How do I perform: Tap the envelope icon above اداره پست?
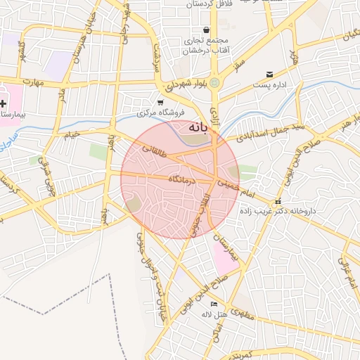(x=269, y=75)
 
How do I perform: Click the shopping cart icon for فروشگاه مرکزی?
(x=160, y=102)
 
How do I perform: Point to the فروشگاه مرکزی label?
(x=160, y=112)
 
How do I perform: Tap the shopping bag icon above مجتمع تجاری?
(x=206, y=30)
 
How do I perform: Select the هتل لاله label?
(x=214, y=313)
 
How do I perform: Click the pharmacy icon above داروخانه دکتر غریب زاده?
(x=277, y=201)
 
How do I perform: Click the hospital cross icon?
(x=4, y=103)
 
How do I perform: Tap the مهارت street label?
(x=32, y=83)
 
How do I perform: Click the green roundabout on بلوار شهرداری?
(x=214, y=82)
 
